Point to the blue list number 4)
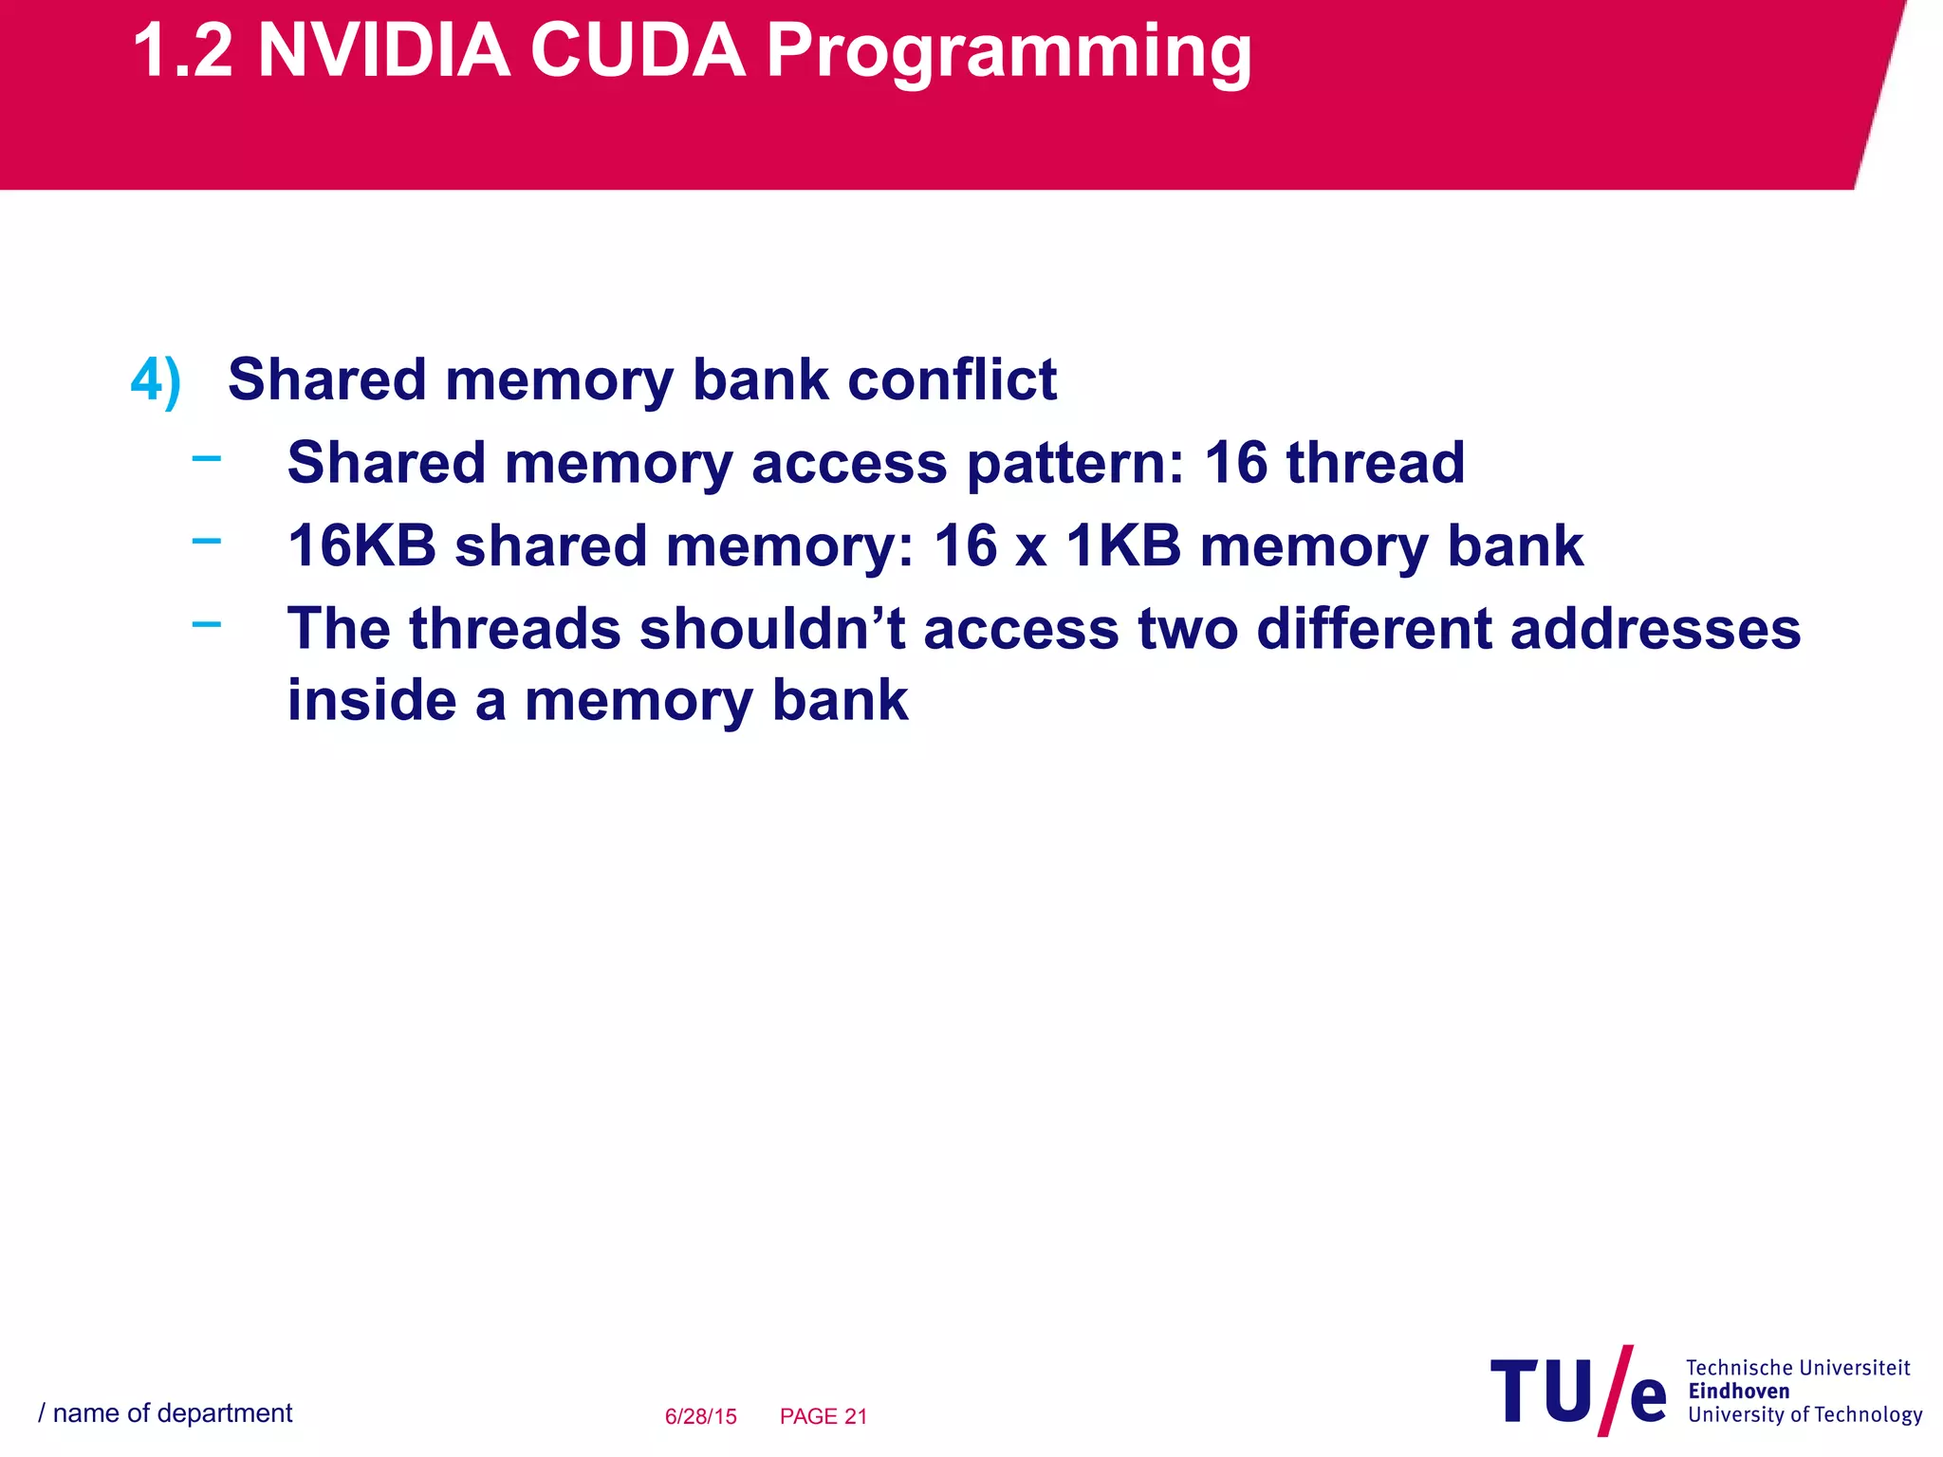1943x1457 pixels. (x=156, y=381)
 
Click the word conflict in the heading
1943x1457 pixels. (x=952, y=379)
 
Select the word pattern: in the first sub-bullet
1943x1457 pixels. (x=1076, y=465)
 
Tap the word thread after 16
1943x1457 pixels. (x=1375, y=463)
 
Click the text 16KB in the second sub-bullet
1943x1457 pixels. (x=361, y=546)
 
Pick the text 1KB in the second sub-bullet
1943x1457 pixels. (x=1123, y=546)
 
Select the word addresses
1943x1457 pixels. (x=1655, y=629)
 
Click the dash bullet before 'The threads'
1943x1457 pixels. (x=206, y=624)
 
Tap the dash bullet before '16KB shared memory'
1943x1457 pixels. (x=206, y=542)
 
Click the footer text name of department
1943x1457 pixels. (x=172, y=1413)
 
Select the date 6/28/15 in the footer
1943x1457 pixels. (x=700, y=1416)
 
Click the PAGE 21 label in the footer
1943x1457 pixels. (x=823, y=1416)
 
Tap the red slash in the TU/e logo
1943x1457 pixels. (x=1615, y=1391)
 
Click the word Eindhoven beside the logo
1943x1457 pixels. (x=1738, y=1392)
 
